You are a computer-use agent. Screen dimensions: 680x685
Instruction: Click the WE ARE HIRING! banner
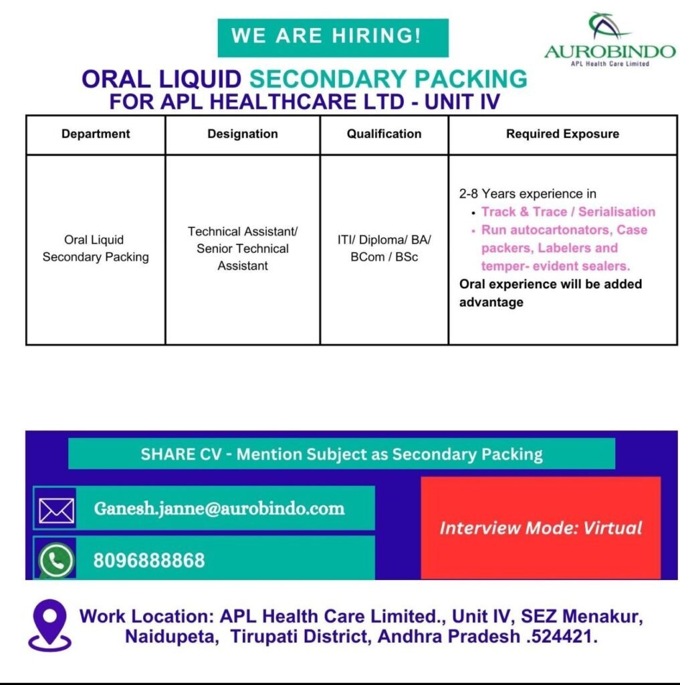coord(333,37)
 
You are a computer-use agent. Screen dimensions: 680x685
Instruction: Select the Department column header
coord(96,134)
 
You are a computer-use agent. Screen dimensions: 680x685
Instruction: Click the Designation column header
coord(243,134)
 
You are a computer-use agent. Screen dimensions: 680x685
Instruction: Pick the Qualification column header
coord(384,134)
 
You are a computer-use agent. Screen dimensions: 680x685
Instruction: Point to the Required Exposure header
coord(562,134)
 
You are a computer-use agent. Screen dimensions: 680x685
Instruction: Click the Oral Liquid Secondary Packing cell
coord(96,248)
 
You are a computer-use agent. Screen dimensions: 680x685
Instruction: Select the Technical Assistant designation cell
coord(243,248)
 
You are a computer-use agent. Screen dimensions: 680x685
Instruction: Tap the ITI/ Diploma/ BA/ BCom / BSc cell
coord(384,248)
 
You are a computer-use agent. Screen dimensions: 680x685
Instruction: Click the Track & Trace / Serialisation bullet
coord(568,212)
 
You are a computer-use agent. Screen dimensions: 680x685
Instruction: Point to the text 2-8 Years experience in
coord(528,193)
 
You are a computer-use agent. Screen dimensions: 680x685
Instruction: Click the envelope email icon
coord(56,510)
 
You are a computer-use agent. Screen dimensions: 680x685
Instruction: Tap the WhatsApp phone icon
coord(56,560)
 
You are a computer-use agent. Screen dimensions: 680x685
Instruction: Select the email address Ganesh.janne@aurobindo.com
coord(219,508)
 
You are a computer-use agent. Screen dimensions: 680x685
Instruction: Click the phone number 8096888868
coord(149,561)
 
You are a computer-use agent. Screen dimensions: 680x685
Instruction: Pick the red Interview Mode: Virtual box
coord(541,528)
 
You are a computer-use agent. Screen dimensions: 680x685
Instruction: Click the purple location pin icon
coord(49,625)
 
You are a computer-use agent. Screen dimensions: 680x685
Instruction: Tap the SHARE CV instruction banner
coord(342,454)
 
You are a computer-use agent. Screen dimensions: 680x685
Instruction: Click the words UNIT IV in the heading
coord(461,102)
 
